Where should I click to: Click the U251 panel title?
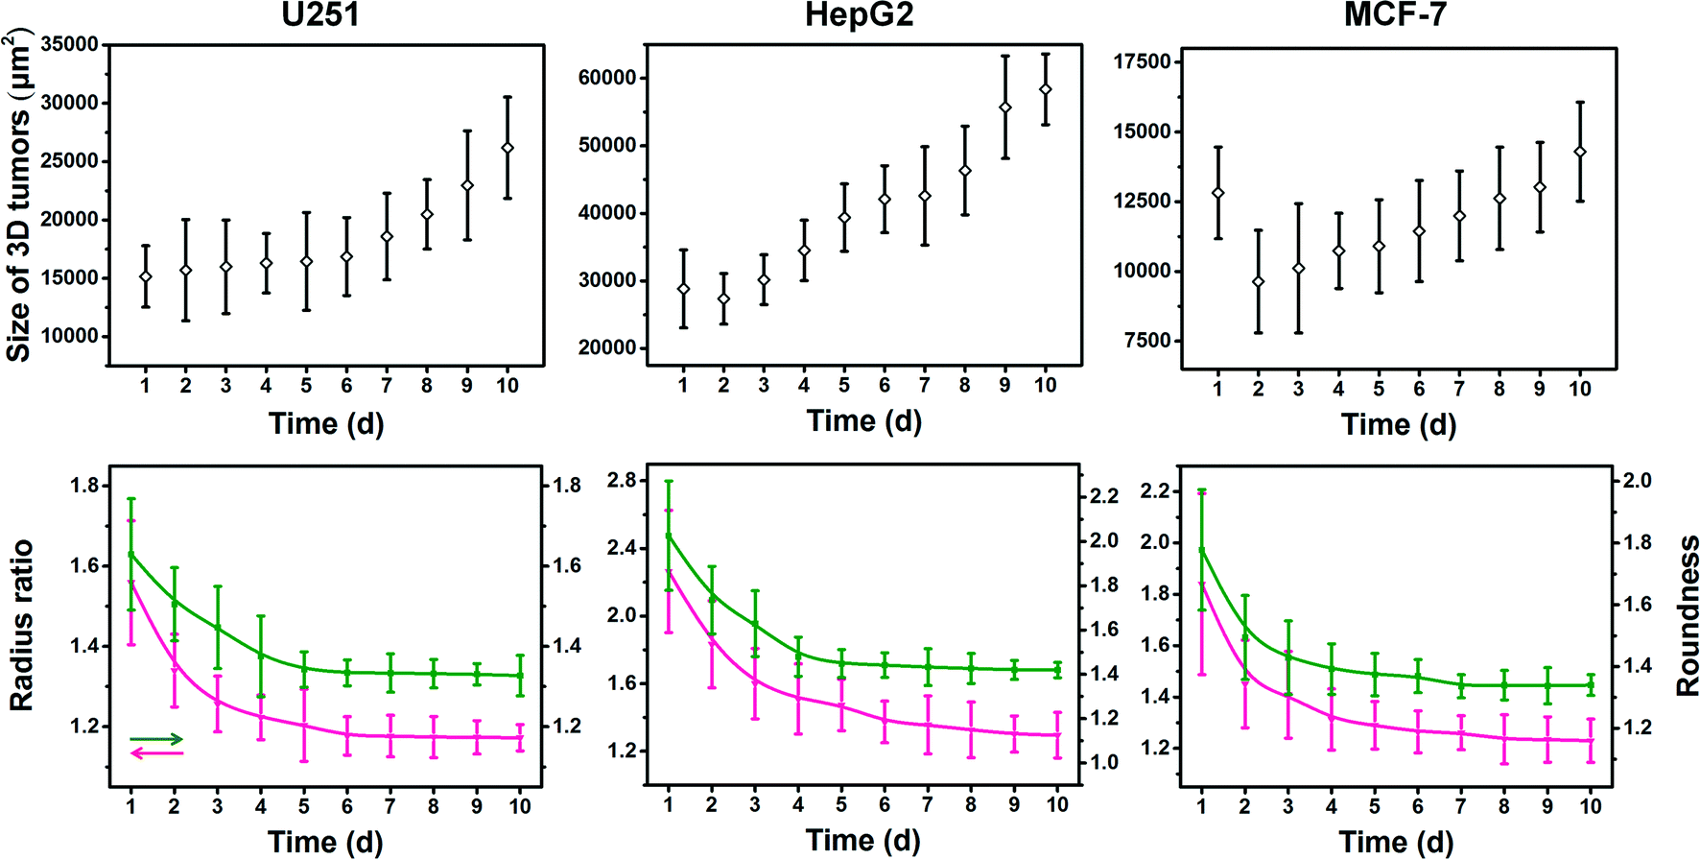pyautogui.click(x=320, y=16)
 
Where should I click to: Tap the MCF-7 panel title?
pyautogui.click(x=1394, y=16)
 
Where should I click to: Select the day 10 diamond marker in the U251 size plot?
pyautogui.click(x=508, y=148)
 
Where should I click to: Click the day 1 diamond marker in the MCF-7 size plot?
pyautogui.click(x=1218, y=193)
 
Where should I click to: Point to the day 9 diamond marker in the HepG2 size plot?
pyautogui.click(x=1005, y=107)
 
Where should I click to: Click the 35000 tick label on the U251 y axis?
pyautogui.click(x=69, y=44)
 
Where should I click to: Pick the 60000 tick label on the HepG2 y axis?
pyautogui.click(x=606, y=78)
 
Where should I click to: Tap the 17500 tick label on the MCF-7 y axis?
pyautogui.click(x=1142, y=61)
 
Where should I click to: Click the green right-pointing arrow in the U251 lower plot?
pyautogui.click(x=156, y=739)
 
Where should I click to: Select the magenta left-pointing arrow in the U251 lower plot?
pyautogui.click(x=156, y=753)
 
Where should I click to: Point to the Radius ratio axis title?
pyautogui.click(x=20, y=625)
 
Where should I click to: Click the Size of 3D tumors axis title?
pyautogui.click(x=18, y=196)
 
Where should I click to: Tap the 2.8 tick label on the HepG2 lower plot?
pyautogui.click(x=622, y=481)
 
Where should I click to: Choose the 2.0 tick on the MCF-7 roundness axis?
pyautogui.click(x=1636, y=481)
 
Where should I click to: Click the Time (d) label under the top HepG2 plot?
pyautogui.click(x=863, y=420)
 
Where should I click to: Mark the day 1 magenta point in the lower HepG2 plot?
pyautogui.click(x=669, y=572)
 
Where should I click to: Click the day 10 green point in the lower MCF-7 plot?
pyautogui.click(x=1591, y=685)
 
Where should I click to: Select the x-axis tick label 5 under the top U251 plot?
pyautogui.click(x=306, y=386)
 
